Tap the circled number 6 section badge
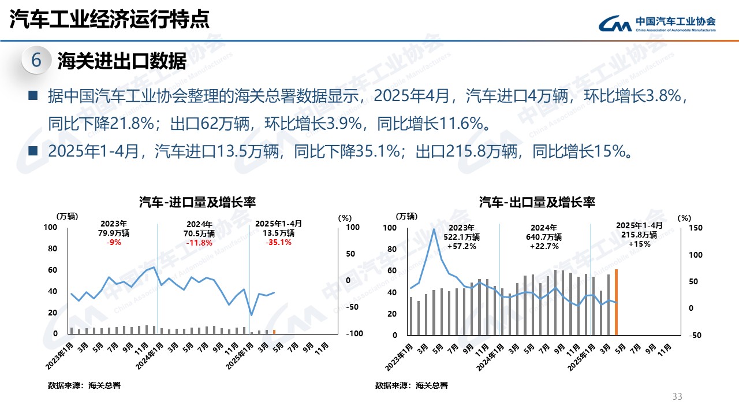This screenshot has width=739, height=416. (x=36, y=60)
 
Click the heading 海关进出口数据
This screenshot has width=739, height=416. (x=122, y=61)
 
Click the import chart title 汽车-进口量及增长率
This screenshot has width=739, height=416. (x=197, y=202)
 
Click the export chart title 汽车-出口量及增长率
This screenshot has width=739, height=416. (x=537, y=202)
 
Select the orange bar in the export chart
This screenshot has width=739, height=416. (x=616, y=302)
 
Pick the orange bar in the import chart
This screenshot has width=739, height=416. (x=274, y=332)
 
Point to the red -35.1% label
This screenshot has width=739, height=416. (x=278, y=243)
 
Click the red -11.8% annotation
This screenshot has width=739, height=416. (x=200, y=243)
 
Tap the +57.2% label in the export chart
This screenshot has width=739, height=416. (x=461, y=246)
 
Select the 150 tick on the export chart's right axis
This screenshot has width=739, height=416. (x=695, y=228)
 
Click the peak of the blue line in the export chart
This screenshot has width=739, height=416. (x=434, y=229)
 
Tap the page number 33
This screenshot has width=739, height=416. (x=677, y=396)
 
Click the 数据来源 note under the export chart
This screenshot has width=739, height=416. (x=411, y=385)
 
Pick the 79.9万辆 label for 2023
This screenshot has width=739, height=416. (x=114, y=233)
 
